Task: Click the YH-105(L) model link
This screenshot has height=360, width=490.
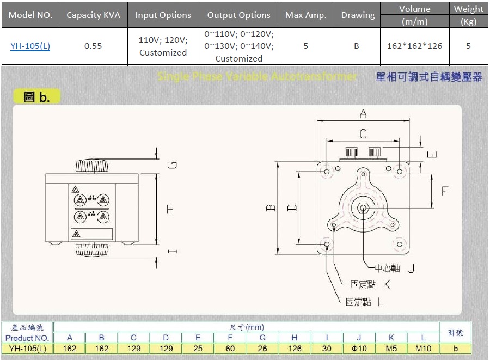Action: click(x=30, y=46)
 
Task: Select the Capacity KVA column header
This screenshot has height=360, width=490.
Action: click(x=93, y=15)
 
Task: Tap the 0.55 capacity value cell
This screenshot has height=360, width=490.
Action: click(x=93, y=46)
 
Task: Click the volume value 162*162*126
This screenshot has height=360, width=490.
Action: click(x=414, y=46)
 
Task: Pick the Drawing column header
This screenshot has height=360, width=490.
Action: click(x=358, y=15)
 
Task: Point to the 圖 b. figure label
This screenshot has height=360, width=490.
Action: click(x=37, y=97)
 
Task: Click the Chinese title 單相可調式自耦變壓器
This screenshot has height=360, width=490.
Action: click(x=429, y=77)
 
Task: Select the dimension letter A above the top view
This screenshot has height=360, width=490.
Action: click(x=363, y=114)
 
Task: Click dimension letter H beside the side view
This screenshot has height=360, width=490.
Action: click(x=170, y=209)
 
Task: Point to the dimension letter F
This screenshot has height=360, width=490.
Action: click(x=445, y=191)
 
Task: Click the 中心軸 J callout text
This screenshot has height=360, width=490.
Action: click(x=394, y=268)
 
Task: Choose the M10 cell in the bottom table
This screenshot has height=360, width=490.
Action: click(x=422, y=349)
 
